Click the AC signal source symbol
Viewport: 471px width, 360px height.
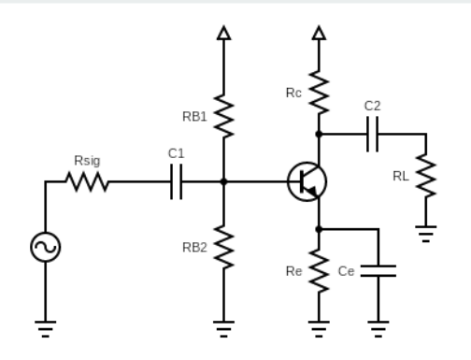(x=45, y=246)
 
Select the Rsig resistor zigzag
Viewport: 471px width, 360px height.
(x=88, y=182)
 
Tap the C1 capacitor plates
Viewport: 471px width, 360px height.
(x=177, y=182)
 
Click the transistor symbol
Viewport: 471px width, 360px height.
(x=307, y=181)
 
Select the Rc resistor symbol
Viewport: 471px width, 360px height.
(x=320, y=92)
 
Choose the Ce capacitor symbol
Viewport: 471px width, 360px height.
(x=378, y=270)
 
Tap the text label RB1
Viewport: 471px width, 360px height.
(x=195, y=116)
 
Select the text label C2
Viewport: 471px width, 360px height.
(x=372, y=107)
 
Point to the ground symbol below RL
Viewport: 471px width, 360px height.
(x=426, y=235)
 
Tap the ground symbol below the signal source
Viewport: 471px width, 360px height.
(x=45, y=326)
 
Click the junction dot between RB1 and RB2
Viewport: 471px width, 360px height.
(x=223, y=182)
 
